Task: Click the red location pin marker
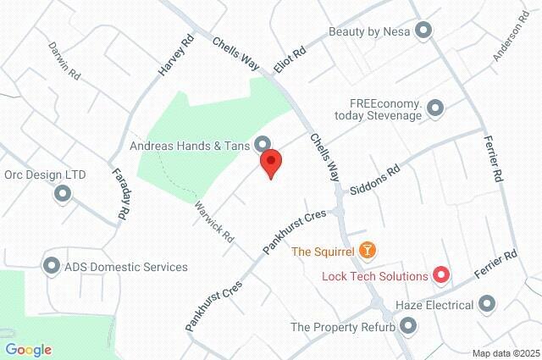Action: (x=271, y=162)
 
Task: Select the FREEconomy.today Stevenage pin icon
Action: (x=436, y=108)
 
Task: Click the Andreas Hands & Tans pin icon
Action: (x=263, y=145)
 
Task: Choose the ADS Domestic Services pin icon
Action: (x=51, y=267)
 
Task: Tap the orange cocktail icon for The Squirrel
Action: (x=368, y=250)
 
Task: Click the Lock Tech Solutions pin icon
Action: (x=441, y=275)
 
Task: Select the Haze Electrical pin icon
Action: (x=487, y=303)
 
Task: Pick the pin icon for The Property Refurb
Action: (x=408, y=326)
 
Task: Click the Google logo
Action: (x=29, y=350)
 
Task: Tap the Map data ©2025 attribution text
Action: (x=506, y=353)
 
